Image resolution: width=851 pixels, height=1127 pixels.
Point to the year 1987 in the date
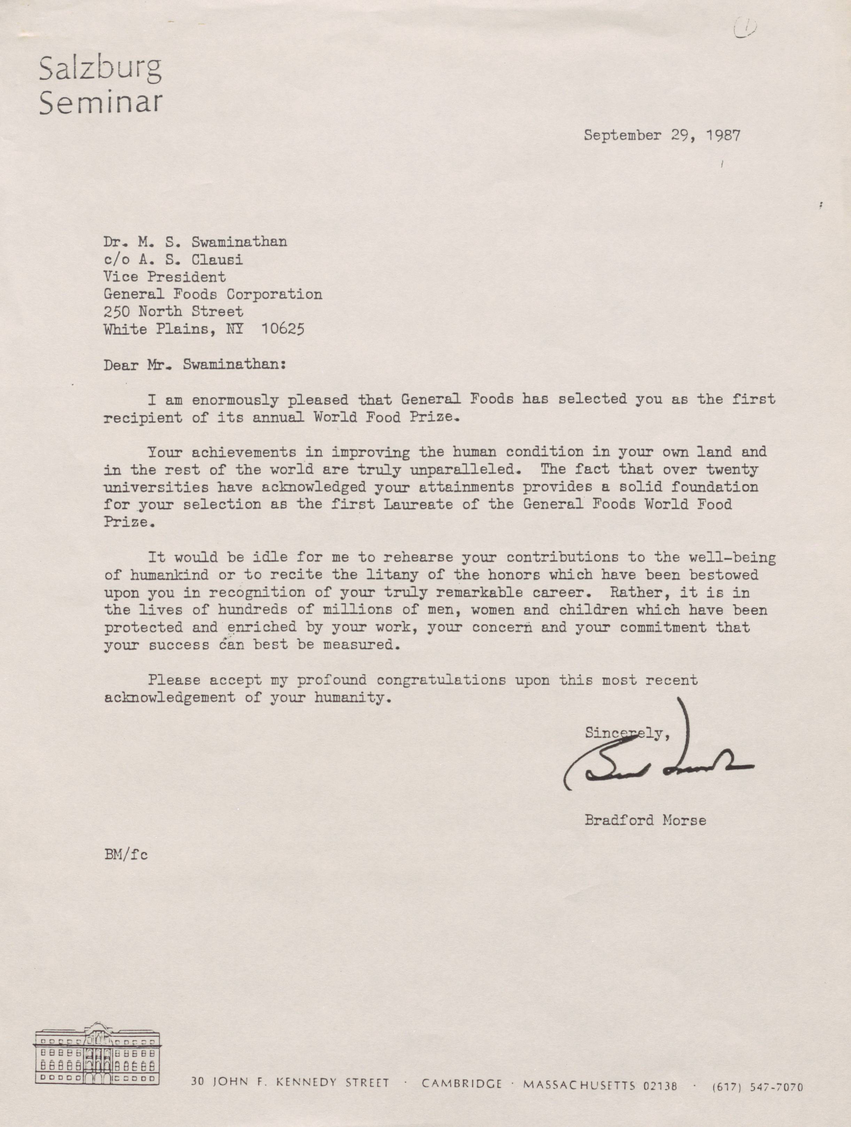(723, 135)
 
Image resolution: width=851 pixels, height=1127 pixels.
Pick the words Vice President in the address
(164, 277)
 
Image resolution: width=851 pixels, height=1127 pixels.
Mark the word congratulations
(441, 680)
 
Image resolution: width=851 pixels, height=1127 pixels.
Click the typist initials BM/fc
(126, 854)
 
